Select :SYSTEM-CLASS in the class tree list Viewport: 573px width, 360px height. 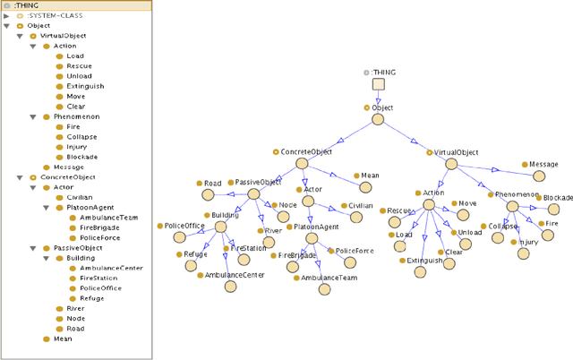click(x=49, y=15)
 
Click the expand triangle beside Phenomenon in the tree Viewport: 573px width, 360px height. click(x=33, y=116)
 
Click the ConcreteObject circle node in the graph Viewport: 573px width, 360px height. click(x=302, y=166)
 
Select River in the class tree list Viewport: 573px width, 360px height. click(x=75, y=308)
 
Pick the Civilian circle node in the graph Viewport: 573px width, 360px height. click(x=344, y=218)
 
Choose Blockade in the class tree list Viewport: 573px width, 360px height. click(x=82, y=157)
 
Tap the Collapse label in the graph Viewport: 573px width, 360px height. click(x=501, y=226)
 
